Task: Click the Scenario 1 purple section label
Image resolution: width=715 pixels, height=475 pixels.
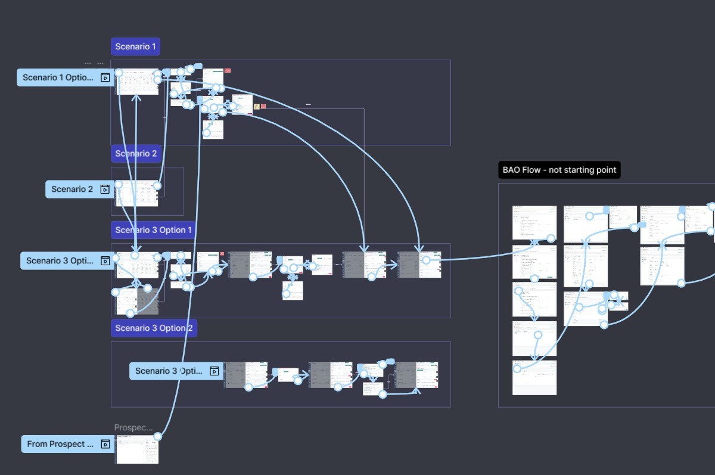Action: click(x=135, y=46)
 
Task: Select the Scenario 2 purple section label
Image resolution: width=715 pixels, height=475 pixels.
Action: click(x=136, y=154)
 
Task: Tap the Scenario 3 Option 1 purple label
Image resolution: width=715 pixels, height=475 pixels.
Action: click(x=154, y=230)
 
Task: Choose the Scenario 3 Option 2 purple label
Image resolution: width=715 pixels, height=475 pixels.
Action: click(x=154, y=328)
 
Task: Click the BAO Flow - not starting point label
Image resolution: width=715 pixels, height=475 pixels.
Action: click(x=559, y=170)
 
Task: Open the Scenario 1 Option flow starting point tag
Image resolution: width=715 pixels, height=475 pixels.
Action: click(x=58, y=77)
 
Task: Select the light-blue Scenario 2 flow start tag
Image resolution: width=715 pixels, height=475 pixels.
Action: click(x=72, y=190)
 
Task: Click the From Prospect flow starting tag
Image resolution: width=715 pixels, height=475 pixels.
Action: click(x=60, y=444)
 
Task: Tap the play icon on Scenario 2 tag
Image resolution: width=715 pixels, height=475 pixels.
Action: click(x=105, y=190)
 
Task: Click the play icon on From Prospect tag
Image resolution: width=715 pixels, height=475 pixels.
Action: click(x=105, y=444)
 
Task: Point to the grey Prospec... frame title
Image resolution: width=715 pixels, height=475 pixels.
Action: click(x=133, y=428)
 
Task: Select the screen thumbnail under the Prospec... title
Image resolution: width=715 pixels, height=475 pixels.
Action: click(x=137, y=450)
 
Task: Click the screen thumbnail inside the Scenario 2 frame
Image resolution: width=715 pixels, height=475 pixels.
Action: click(x=137, y=194)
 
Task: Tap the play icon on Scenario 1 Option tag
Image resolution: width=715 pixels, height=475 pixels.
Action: click(x=105, y=77)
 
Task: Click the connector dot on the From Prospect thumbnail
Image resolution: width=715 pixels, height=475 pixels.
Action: click(x=157, y=436)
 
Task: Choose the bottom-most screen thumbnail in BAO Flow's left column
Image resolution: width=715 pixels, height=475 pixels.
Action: click(x=534, y=378)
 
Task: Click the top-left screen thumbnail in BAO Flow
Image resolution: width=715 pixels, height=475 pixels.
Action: click(x=534, y=222)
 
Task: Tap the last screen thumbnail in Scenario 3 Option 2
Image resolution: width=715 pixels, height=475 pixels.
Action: click(x=416, y=375)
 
